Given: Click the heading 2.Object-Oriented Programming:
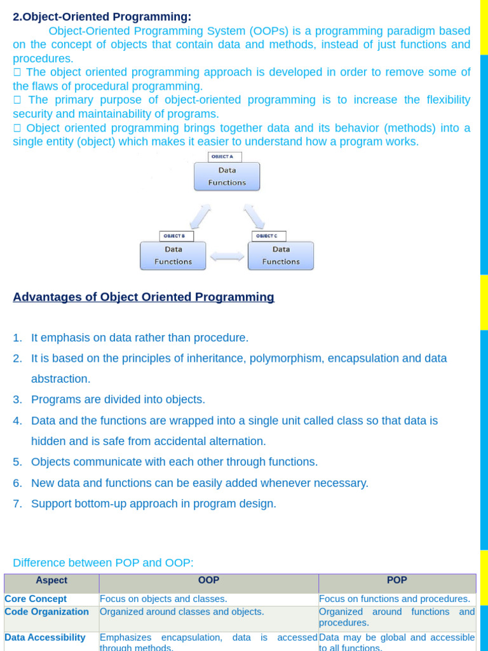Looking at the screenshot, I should tap(102, 17).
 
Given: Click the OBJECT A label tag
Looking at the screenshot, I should tap(224, 156).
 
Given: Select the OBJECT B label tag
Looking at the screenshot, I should tap(176, 236).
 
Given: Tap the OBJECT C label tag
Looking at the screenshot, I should tap(269, 236).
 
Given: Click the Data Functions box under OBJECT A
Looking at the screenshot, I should tap(227, 176).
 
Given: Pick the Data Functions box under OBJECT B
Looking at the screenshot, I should tap(173, 256).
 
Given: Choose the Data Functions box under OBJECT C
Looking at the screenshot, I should tap(280, 256).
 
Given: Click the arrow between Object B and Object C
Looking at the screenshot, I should tap(227, 256).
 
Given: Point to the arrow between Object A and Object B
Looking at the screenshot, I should tap(200, 216).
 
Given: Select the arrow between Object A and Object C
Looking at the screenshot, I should tap(254, 216).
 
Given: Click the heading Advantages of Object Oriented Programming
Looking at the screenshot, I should tap(144, 297).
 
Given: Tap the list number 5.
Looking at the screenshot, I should tap(17, 462).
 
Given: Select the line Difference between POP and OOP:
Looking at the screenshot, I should tap(103, 563).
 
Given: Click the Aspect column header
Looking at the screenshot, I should tap(51, 580).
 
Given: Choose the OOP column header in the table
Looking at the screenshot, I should tap(208, 580).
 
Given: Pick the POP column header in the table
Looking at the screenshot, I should tap(397, 580).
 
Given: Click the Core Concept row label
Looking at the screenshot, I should tap(36, 599).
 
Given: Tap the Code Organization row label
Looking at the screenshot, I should tap(46, 612).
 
